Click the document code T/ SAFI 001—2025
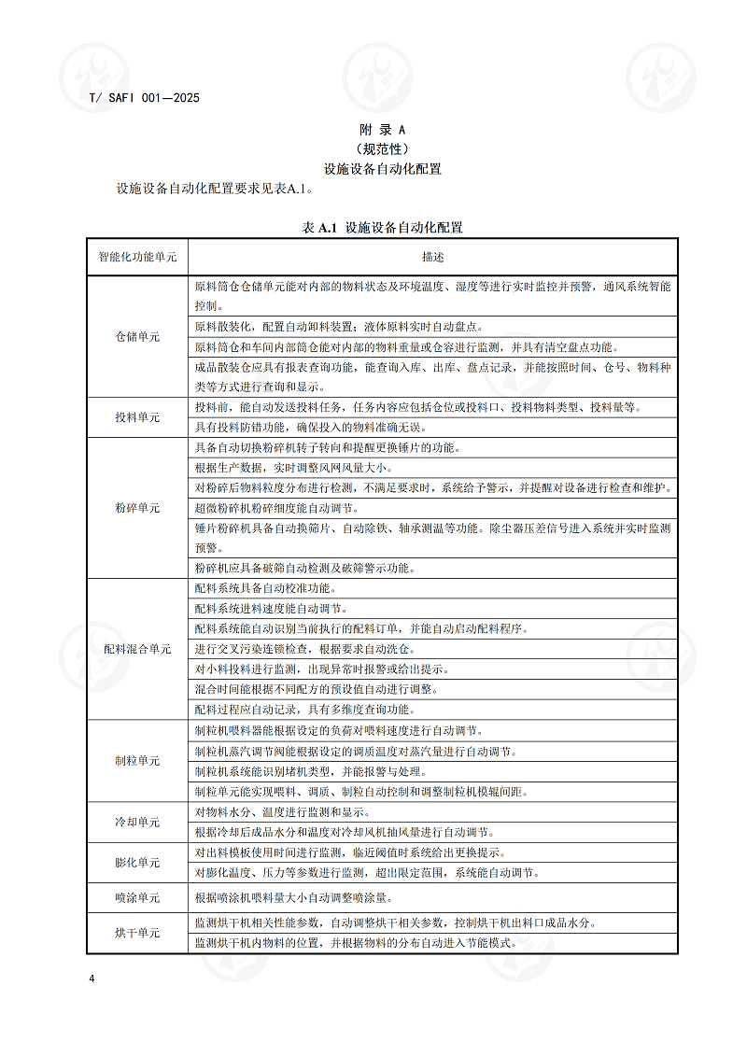[x=144, y=97]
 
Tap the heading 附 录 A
[x=383, y=129]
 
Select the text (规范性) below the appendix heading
[x=383, y=148]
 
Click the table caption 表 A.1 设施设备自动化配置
[x=383, y=227]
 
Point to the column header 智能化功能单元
[x=137, y=256]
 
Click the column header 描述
[x=432, y=256]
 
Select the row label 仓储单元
[x=137, y=336]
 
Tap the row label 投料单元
[x=137, y=417]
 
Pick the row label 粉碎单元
[x=137, y=508]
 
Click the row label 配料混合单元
[x=137, y=649]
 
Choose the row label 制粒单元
[x=137, y=761]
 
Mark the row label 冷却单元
[x=137, y=823]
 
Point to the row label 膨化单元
[x=137, y=863]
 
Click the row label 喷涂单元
[x=137, y=897]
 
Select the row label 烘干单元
[x=137, y=933]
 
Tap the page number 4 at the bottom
[x=92, y=979]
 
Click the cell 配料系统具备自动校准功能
[x=266, y=588]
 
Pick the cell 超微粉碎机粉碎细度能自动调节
[x=275, y=508]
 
